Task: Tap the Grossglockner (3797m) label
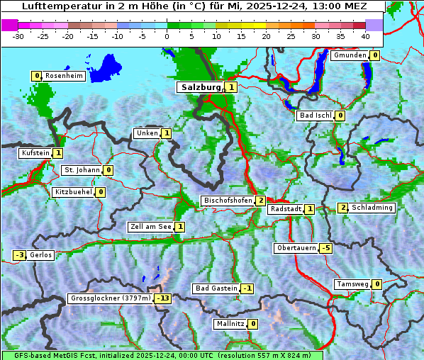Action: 111,298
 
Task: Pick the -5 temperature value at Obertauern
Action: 325,248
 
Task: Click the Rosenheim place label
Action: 64,76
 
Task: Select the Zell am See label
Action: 151,227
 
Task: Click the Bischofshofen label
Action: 228,201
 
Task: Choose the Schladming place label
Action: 372,208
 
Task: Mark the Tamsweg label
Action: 352,284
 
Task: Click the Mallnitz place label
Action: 230,324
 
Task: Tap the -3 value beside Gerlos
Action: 20,255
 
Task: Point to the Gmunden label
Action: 350,55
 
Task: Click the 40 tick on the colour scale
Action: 365,35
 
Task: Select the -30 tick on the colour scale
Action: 18,35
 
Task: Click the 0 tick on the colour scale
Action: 167,35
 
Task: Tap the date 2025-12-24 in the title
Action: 266,6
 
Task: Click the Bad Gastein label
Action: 216,288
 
